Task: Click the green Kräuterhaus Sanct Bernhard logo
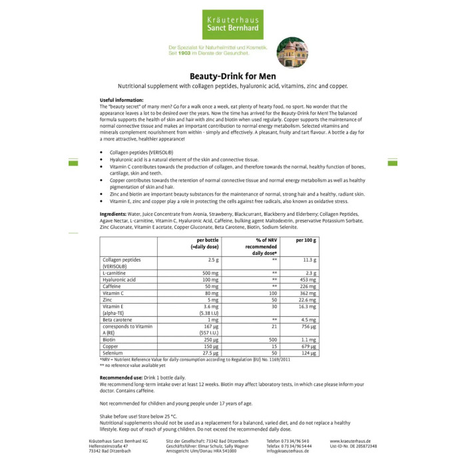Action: pyautogui.click(x=232, y=25)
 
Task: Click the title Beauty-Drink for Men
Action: pyautogui.click(x=232, y=75)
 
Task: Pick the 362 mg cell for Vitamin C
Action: pyautogui.click(x=307, y=292)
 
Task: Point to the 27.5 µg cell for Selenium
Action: pyautogui.click(x=210, y=352)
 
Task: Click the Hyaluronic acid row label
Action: pyautogui.click(x=118, y=280)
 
